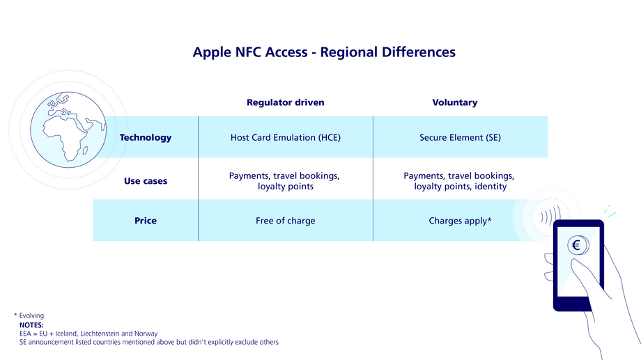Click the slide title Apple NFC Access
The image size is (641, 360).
pyautogui.click(x=324, y=52)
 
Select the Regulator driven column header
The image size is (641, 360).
pyautogui.click(x=285, y=102)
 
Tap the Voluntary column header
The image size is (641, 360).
pyautogui.click(x=454, y=102)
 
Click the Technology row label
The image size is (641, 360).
pyautogui.click(x=145, y=137)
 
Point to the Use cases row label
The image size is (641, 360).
pyautogui.click(x=145, y=181)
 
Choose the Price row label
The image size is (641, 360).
pyautogui.click(x=145, y=221)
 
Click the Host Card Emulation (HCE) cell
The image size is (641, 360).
pyautogui.click(x=285, y=137)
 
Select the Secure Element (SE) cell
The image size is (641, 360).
pyautogui.click(x=459, y=137)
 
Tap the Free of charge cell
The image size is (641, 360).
pyautogui.click(x=285, y=221)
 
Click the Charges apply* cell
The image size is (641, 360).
pyautogui.click(x=460, y=221)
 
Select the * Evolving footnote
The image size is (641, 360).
pyautogui.click(x=29, y=315)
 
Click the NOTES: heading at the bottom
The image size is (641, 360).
pyautogui.click(x=31, y=324)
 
